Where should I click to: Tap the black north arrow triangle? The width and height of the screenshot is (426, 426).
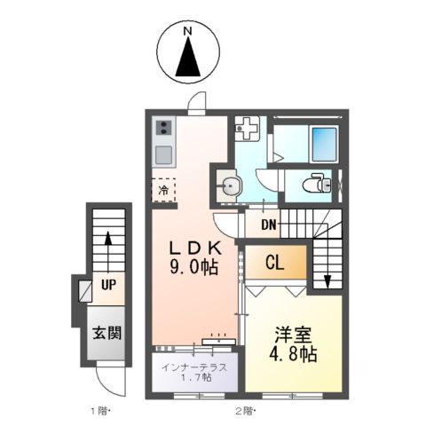coord(188,60)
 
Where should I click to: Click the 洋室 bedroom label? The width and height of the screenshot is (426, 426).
coord(293,335)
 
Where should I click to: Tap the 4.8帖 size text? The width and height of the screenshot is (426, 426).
coord(294,354)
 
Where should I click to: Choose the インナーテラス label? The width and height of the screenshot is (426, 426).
coord(194,367)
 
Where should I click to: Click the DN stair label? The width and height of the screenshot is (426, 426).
coord(268,225)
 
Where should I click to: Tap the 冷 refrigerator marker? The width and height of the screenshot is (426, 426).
coord(163,190)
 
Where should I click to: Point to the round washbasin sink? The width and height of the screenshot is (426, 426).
coord(231,185)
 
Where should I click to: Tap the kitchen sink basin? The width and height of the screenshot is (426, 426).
coord(163,156)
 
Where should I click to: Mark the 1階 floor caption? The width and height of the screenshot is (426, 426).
coord(99,410)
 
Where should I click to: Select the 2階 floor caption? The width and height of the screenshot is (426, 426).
coord(246,410)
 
